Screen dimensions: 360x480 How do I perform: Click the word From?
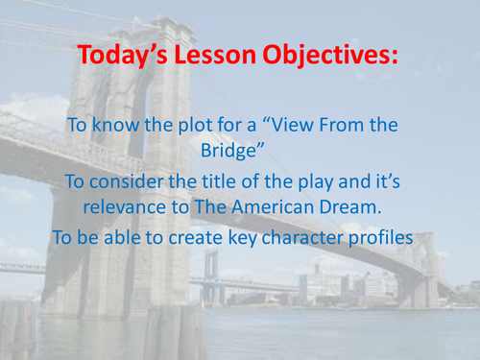(364, 124)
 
